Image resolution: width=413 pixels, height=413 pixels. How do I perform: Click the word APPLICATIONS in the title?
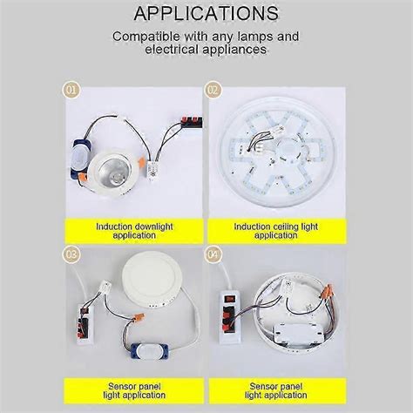click(x=206, y=14)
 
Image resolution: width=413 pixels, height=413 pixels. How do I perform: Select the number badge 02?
click(x=213, y=88)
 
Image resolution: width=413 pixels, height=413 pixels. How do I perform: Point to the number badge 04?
click(x=213, y=255)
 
